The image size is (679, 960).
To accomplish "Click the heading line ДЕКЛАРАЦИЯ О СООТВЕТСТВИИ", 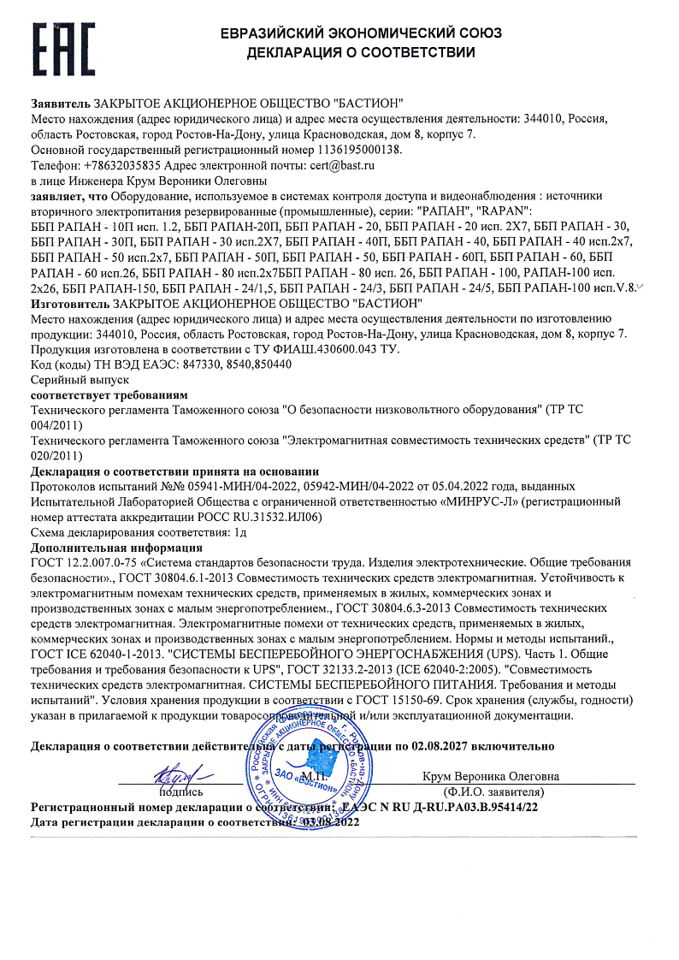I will point(360,53).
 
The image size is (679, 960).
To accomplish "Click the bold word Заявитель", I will point(61,103).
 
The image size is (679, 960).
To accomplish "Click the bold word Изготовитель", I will point(70,304).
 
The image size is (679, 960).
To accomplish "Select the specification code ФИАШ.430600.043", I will point(319,349).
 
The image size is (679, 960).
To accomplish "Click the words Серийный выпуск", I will point(68,379).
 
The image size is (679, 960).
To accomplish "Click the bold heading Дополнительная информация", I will point(116,548).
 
